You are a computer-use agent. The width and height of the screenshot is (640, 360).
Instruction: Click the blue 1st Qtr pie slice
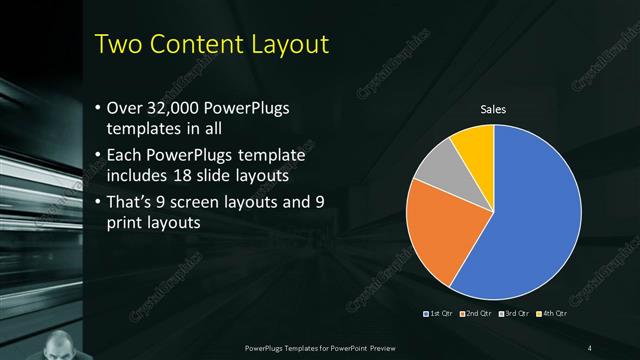pyautogui.click(x=530, y=220)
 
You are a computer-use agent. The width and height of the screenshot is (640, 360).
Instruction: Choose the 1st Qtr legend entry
pyautogui.click(x=440, y=315)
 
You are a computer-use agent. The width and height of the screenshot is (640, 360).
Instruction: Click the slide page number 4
pyautogui.click(x=591, y=347)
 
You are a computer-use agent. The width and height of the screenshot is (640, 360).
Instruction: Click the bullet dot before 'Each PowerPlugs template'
pyautogui.click(x=97, y=157)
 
